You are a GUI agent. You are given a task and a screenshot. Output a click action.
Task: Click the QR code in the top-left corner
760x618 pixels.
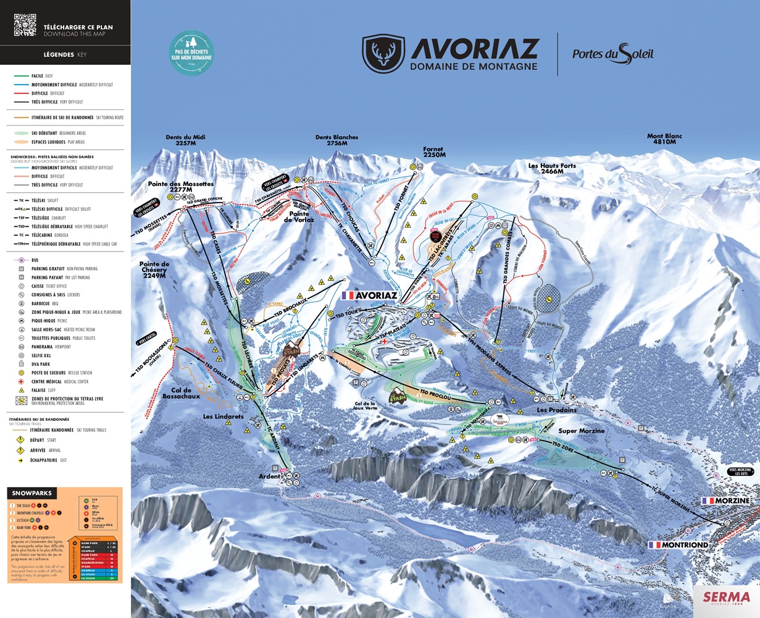[25, 25]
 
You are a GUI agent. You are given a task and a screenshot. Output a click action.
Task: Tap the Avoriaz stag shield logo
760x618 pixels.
[383, 54]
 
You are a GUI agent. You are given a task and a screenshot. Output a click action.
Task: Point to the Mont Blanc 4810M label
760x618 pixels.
[664, 139]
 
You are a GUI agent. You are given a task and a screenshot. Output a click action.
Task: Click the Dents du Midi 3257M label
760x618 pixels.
[185, 140]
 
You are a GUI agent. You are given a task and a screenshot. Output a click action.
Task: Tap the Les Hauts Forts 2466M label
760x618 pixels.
[551, 169]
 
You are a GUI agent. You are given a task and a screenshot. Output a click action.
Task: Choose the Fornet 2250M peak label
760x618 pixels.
[434, 152]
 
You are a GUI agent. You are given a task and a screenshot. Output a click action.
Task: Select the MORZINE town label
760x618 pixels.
[727, 501]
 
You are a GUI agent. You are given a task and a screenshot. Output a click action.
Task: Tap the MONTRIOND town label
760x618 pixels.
[678, 545]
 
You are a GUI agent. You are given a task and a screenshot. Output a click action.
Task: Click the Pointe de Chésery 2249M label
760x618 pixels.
[154, 269]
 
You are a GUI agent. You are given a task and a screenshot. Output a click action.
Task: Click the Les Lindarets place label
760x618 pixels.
[223, 417]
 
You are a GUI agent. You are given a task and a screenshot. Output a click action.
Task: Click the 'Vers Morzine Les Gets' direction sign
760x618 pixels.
[740, 472]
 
